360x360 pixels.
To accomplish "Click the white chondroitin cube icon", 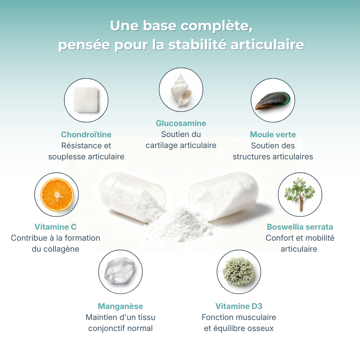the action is click(x=86, y=100).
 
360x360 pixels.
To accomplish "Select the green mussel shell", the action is click(x=273, y=101).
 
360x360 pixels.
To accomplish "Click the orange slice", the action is click(x=57, y=195).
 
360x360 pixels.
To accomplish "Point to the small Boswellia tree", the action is click(x=300, y=194).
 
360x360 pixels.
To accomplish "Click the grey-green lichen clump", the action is click(x=239, y=272).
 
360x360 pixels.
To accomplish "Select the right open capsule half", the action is click(x=224, y=195).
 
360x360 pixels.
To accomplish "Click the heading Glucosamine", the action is click(x=181, y=123).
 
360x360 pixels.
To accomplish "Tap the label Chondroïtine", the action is click(x=86, y=135).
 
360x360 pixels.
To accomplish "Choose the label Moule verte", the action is click(x=273, y=135).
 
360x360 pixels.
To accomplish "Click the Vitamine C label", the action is click(x=56, y=227).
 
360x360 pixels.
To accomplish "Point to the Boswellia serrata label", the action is click(x=300, y=227).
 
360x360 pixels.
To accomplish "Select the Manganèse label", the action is click(x=120, y=306).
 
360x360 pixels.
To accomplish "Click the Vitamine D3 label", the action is click(x=239, y=306).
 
